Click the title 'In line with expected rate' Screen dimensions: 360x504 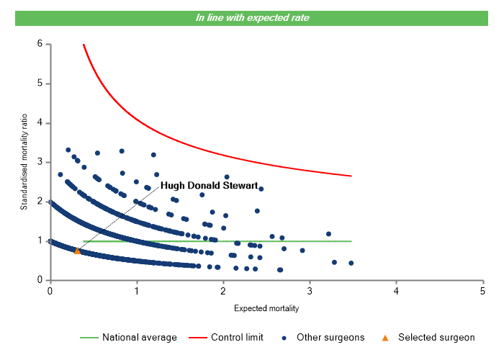click(x=253, y=17)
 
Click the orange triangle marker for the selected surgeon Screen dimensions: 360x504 click(x=77, y=251)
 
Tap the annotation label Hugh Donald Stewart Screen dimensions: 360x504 click(x=209, y=185)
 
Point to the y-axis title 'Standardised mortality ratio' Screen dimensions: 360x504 click(x=24, y=162)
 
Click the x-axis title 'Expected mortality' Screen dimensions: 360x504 click(x=266, y=309)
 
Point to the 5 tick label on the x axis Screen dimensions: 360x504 click(x=482, y=290)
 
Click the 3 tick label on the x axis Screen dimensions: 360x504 click(x=310, y=290)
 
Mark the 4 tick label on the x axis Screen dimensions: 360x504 click(x=396, y=290)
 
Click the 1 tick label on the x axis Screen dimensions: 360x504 click(x=136, y=290)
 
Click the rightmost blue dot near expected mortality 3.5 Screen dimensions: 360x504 click(x=351, y=263)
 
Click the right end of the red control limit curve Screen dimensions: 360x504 click(x=351, y=176)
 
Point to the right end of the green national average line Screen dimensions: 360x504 click(x=351, y=241)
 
